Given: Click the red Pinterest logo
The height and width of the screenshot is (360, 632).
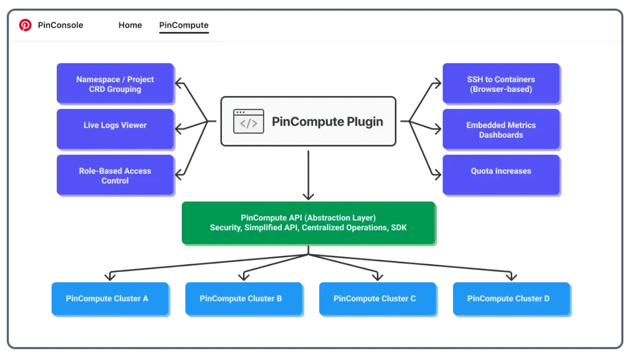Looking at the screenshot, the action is point(25,25).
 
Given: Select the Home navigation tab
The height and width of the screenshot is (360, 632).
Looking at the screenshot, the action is point(130,25).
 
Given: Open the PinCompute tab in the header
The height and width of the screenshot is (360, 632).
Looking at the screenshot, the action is point(184,25).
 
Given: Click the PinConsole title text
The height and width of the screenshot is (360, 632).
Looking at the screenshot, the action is point(60,25).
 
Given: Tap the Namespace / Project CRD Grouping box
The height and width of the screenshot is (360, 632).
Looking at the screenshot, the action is point(115,83).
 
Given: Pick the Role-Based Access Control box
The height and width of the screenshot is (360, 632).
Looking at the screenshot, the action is point(115,175).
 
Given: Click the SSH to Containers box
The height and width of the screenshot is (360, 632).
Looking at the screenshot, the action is point(501,83).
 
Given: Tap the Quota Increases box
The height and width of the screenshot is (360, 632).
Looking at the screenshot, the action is point(501,175).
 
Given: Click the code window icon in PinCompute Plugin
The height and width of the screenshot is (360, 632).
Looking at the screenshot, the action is point(248,121).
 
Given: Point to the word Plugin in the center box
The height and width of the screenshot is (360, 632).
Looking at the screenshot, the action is point(365,122).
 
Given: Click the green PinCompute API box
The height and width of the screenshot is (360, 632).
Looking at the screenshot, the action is point(308,223).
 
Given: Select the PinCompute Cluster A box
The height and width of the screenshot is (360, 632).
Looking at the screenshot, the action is point(110,298).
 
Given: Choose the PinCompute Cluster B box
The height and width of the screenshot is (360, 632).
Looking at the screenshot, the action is point(244,298).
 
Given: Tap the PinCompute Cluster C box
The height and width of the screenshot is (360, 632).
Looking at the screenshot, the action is point(378,298).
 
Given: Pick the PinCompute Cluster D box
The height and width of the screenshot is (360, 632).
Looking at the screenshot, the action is point(511,298).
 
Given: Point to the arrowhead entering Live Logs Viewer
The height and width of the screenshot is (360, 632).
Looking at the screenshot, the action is point(179,129).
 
